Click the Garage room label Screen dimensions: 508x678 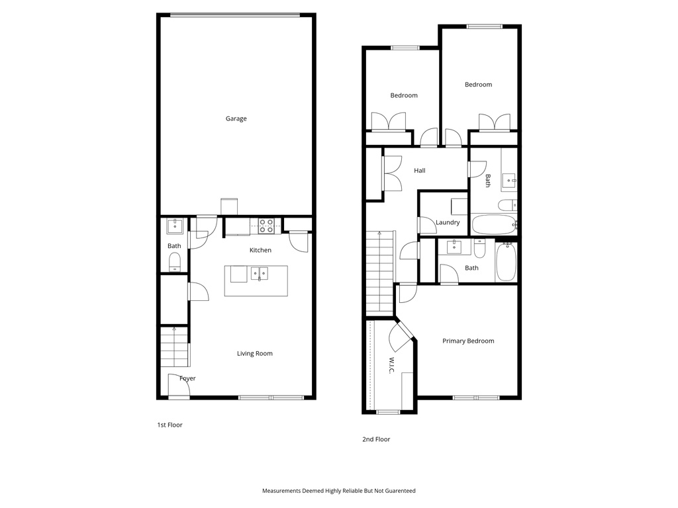[236, 119]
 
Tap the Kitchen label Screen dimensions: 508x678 [260, 250]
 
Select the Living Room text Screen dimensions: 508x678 [255, 354]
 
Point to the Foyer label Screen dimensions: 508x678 [187, 378]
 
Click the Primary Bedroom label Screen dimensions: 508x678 [468, 341]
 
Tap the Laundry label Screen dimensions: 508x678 [448, 223]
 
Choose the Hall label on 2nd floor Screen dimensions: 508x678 [419, 171]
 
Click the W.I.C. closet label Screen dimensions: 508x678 [391, 366]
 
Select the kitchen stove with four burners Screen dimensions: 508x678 [266, 226]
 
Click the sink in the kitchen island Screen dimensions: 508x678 [259, 273]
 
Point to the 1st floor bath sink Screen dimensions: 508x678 [175, 226]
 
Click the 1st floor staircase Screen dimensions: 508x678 [174, 349]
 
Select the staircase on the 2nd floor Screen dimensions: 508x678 [380, 274]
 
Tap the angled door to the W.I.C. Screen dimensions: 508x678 [401, 335]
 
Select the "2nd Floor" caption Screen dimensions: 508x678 [376, 439]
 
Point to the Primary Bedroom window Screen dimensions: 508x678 [476, 398]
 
